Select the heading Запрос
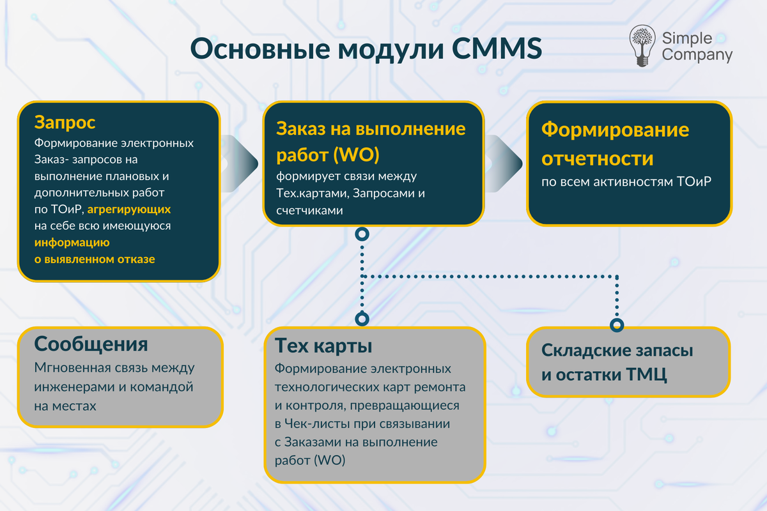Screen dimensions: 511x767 click(65, 121)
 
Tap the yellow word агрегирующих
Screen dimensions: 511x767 click(129, 209)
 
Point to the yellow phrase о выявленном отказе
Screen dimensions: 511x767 click(95, 259)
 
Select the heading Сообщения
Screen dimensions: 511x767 click(91, 344)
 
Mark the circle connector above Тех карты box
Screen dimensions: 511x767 click(362, 319)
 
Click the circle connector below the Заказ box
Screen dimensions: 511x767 click(362, 234)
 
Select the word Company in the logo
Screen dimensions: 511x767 click(697, 55)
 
